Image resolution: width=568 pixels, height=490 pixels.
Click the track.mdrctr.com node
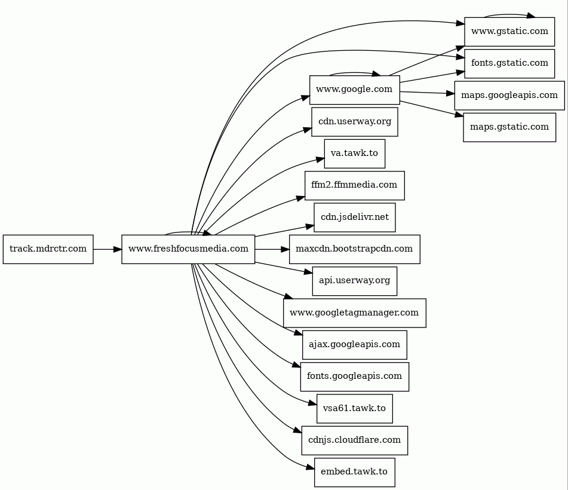48,249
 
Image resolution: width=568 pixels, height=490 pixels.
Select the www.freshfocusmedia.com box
188,249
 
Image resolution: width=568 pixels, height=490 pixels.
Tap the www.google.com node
354,90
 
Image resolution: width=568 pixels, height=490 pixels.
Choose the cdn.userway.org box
354,122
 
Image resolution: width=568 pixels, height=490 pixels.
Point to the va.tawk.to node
354,154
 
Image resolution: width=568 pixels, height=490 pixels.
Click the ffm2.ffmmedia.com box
354,185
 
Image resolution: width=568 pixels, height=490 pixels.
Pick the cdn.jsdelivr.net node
354,217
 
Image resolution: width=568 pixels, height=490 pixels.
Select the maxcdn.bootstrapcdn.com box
354,249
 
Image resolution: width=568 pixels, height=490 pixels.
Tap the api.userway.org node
354,281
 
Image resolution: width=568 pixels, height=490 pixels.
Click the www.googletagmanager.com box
354,313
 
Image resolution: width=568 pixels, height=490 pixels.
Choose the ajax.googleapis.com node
354,344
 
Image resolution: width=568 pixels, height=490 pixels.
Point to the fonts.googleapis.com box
354,376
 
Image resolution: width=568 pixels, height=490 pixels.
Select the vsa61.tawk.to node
354,408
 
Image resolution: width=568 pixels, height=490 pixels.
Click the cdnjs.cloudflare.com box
354,440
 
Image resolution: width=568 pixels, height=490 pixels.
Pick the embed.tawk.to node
354,472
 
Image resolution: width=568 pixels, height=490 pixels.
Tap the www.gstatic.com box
509,32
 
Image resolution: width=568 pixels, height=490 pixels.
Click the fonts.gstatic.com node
509,63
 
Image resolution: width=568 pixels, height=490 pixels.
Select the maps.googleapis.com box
509,95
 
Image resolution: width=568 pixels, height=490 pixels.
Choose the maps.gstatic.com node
509,127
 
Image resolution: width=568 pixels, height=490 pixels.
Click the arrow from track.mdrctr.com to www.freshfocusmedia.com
108,249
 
